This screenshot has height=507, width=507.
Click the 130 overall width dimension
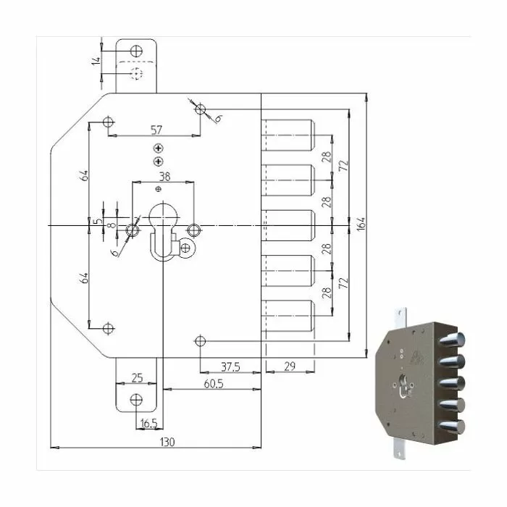point(167,442)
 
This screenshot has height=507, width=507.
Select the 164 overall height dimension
point(361,224)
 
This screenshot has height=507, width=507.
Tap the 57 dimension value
point(156,130)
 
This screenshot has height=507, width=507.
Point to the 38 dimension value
point(164,177)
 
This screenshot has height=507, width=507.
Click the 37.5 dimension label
point(230,367)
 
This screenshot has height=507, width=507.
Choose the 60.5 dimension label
point(214,384)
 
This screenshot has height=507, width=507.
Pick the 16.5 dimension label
point(148,423)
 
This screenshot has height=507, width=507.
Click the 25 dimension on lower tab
point(137,377)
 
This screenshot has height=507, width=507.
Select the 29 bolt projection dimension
point(290,366)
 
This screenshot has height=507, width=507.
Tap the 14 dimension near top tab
point(96,62)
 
